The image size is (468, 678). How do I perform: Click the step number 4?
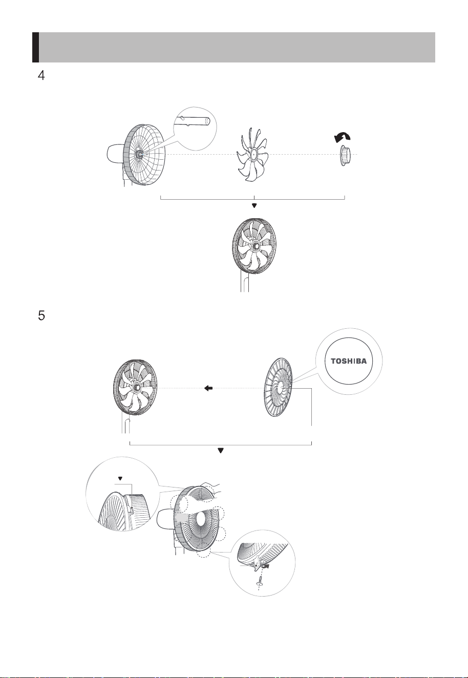41,75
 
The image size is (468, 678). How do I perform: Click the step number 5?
41,315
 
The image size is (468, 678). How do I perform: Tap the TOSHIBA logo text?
349,361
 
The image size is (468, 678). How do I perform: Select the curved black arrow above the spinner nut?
342,137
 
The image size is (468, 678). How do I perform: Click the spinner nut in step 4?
344,155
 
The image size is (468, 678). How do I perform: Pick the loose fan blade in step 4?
252,155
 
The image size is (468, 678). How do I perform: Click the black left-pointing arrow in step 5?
208,388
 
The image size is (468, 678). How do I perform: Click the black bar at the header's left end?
35,47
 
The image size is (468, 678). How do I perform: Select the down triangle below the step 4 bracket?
254,205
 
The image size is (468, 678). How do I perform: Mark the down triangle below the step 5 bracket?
221,451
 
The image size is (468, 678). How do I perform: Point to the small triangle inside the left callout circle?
120,478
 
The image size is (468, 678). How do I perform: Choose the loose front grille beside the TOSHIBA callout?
278,388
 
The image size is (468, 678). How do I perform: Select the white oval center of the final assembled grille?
202,520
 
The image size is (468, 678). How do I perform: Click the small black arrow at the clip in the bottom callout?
266,565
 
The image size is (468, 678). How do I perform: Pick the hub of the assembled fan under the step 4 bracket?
256,246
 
